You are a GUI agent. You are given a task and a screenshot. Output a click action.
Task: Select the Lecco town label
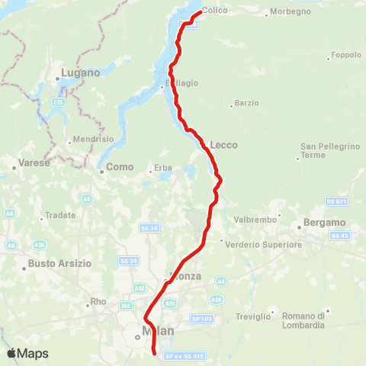[224, 145]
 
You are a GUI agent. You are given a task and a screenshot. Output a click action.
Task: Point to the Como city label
[120, 167]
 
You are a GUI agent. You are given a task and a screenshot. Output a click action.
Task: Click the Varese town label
[32, 162]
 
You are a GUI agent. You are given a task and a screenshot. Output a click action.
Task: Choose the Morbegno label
[288, 13]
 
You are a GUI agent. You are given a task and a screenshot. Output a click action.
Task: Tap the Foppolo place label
[344, 56]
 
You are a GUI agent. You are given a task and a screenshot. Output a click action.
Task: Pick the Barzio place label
[247, 103]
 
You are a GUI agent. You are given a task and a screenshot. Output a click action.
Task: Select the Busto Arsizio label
[59, 263]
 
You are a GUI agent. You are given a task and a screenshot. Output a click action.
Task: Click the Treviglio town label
[254, 316]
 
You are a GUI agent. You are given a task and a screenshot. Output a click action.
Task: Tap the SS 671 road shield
[336, 201]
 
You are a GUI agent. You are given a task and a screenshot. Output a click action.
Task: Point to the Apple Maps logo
[27, 353]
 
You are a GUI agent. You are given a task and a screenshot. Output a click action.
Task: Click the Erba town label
[165, 168]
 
